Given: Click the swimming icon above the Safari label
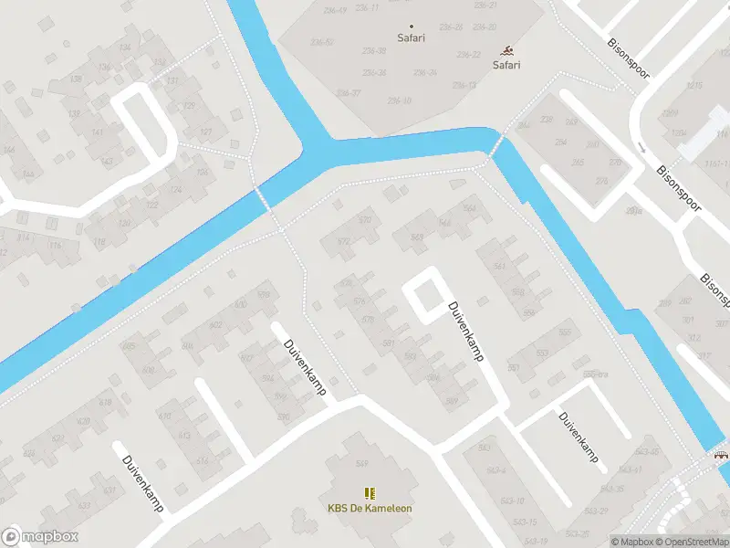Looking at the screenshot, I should pyautogui.click(x=506, y=51).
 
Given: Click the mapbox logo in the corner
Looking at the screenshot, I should pyautogui.click(x=40, y=537).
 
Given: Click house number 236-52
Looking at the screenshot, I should pyautogui.click(x=322, y=43).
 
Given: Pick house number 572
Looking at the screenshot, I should pyautogui.click(x=343, y=241).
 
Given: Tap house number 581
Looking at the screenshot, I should pyautogui.click(x=389, y=342).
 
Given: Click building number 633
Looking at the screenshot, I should pyautogui.click(x=84, y=505).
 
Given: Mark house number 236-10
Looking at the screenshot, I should pyautogui.click(x=400, y=100).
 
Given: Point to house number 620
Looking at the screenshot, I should pyautogui.click(x=84, y=421).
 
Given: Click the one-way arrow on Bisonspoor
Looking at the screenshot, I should pyautogui.click(x=642, y=146).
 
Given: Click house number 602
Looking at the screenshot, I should pyautogui.click(x=216, y=325).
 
